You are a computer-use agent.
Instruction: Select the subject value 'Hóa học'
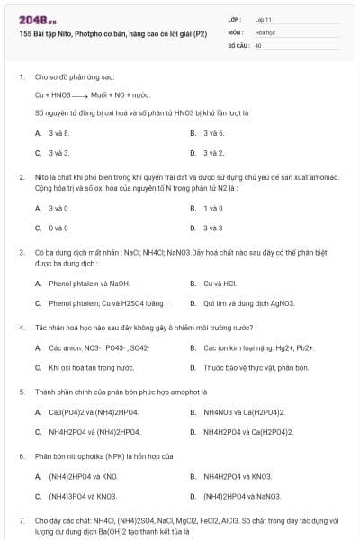265,31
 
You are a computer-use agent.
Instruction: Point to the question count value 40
258,43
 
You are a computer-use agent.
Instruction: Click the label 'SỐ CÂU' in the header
238,43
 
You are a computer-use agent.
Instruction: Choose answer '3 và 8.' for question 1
58,133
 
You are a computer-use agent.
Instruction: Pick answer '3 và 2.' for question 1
213,153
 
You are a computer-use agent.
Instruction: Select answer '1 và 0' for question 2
213,209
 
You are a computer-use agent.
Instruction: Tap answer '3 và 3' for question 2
213,229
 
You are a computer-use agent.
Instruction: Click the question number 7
22,520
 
